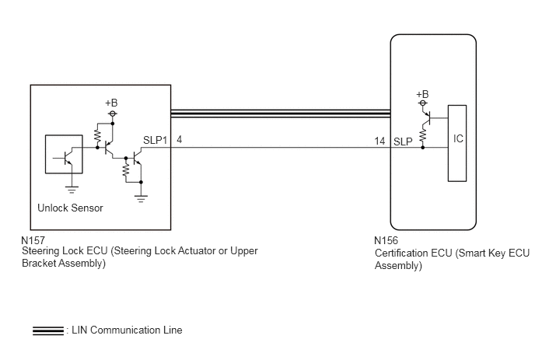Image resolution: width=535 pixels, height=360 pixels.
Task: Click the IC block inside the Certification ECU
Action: pyautogui.click(x=457, y=143)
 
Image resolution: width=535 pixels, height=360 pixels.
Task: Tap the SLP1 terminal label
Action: pyautogui.click(x=156, y=140)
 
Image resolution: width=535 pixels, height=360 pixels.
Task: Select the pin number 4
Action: pyautogui.click(x=179, y=139)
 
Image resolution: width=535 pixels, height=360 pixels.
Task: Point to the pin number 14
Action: pyautogui.click(x=379, y=141)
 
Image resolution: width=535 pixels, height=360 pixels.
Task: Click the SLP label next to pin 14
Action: pyautogui.click(x=403, y=142)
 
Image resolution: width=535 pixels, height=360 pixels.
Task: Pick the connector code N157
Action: pyautogui.click(x=33, y=240)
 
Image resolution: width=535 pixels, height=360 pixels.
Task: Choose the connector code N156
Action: pyautogui.click(x=386, y=240)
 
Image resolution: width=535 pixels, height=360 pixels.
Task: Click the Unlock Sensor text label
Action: pyautogui.click(x=70, y=208)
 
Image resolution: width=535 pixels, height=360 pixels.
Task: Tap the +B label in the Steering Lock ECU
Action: pyautogui.click(x=111, y=103)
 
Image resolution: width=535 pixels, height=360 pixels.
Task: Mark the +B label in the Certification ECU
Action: pyautogui.click(x=422, y=94)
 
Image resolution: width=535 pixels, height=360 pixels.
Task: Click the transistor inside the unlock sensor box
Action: pyautogui.click(x=66, y=157)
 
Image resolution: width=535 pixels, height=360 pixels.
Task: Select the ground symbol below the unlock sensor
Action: pyautogui.click(x=72, y=190)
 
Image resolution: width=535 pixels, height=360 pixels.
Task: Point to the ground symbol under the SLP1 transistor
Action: pyautogui.click(x=141, y=199)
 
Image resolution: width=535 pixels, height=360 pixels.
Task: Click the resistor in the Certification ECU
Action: pyautogui.click(x=423, y=135)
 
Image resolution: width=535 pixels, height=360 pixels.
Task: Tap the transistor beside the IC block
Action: pyautogui.click(x=426, y=117)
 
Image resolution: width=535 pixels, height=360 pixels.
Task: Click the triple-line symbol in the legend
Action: pyautogui.click(x=48, y=330)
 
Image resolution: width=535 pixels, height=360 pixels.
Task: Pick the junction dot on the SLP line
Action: pyautogui.click(x=423, y=148)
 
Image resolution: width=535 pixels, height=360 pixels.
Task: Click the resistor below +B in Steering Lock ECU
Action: pyautogui.click(x=97, y=136)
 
